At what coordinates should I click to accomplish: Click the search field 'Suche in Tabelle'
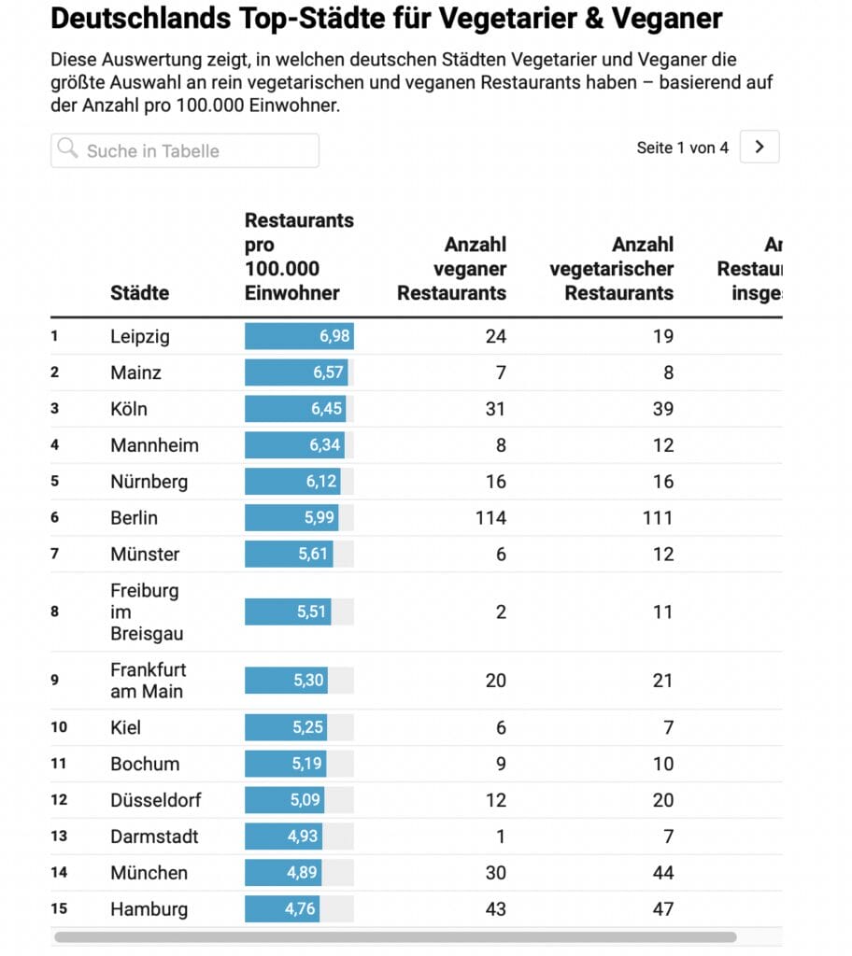pos(184,151)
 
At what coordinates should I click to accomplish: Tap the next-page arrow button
pos(760,147)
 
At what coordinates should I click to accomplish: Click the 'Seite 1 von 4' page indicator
pos(682,148)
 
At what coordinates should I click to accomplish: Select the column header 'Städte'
pos(140,292)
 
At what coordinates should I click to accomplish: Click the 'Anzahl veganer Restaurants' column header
pos(452,269)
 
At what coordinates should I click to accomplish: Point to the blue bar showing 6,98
pos(299,336)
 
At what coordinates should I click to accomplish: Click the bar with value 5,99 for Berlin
pos(291,518)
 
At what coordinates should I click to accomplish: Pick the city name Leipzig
pos(140,336)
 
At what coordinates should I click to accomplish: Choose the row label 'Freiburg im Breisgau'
pos(145,612)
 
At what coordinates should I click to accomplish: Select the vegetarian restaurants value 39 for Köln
pos(662,409)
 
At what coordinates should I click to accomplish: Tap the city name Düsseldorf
pos(155,800)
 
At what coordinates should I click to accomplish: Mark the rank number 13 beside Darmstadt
pos(59,836)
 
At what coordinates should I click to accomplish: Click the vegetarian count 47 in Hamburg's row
pos(662,909)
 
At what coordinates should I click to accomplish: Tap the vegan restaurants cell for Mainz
pos(501,373)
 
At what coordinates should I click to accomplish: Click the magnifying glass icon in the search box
pos(67,149)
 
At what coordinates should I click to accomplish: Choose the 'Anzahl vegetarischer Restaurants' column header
pos(612,269)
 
